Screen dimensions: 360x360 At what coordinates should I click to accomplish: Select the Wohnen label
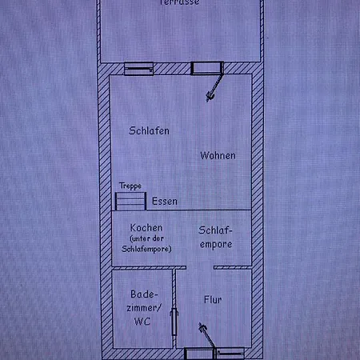[218, 155]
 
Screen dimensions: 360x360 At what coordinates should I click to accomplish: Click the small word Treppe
[130, 186]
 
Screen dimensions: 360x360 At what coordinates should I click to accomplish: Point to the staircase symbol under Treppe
[129, 198]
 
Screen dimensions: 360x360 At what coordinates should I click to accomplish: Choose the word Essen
[165, 201]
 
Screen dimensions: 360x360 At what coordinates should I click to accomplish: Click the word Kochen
[146, 227]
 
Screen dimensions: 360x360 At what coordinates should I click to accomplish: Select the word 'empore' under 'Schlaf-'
[216, 244]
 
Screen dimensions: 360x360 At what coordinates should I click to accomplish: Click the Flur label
[212, 301]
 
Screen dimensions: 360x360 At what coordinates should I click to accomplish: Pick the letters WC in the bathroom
[143, 322]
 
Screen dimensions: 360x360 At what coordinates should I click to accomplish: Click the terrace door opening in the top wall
[206, 68]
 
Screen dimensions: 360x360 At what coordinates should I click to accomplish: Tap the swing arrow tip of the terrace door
[212, 98]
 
